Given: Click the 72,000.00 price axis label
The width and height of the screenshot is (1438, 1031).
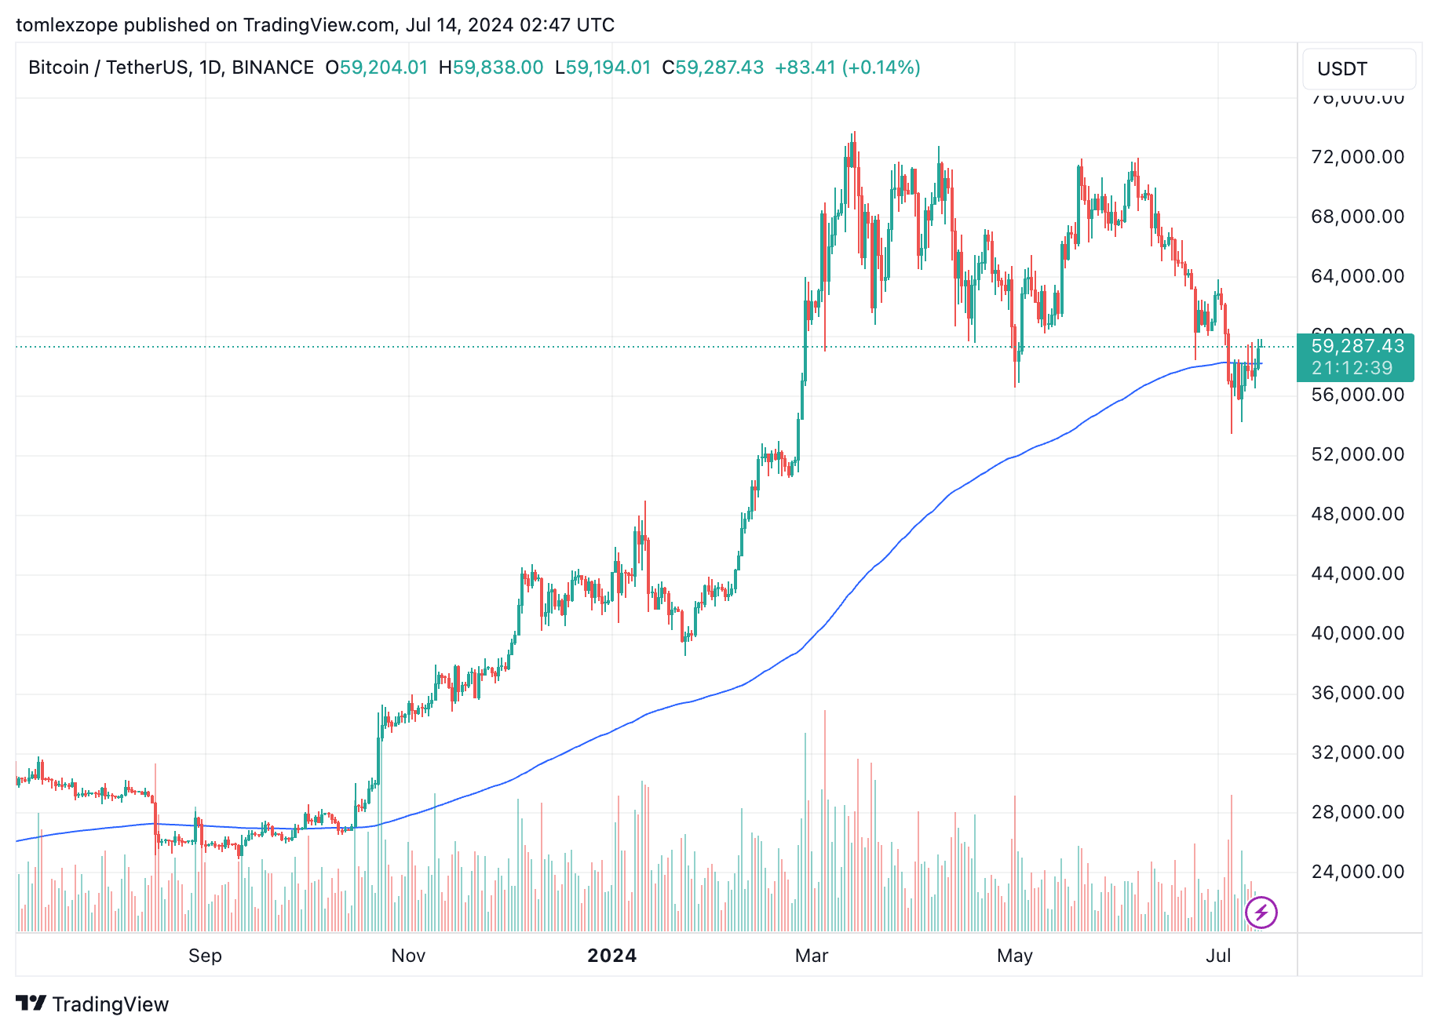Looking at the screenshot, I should tap(1357, 157).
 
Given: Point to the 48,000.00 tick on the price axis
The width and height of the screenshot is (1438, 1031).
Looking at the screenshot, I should tap(1357, 514).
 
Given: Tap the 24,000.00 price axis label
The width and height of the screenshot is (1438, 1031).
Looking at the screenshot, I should tap(1357, 872).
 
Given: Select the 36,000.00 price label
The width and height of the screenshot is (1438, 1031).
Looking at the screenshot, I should tap(1357, 693).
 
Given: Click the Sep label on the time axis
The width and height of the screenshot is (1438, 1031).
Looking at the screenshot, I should tap(205, 956).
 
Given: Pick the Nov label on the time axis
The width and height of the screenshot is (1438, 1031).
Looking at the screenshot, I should tap(408, 956).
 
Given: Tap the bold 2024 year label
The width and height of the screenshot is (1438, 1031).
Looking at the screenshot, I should tap(611, 956).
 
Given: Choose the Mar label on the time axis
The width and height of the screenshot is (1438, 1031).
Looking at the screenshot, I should tap(812, 956).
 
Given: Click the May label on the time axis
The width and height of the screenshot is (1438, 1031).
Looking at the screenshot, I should tap(1014, 956).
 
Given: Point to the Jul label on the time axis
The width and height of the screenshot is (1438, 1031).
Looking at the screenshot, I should tap(1218, 956).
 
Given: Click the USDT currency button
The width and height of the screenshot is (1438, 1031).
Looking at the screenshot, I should tap(1358, 69).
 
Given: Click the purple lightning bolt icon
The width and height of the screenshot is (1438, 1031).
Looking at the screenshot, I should tap(1261, 913).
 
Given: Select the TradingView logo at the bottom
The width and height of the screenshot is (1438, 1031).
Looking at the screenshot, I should tap(93, 1004).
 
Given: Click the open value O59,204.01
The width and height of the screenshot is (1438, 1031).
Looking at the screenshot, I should tap(377, 67).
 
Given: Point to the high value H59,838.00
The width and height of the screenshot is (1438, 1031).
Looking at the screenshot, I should tap(491, 67).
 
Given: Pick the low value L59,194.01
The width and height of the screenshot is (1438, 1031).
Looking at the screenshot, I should tap(603, 67).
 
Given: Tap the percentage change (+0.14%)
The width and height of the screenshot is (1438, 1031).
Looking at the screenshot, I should tap(881, 67).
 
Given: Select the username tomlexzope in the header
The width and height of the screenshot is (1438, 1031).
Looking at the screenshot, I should tap(67, 25).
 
